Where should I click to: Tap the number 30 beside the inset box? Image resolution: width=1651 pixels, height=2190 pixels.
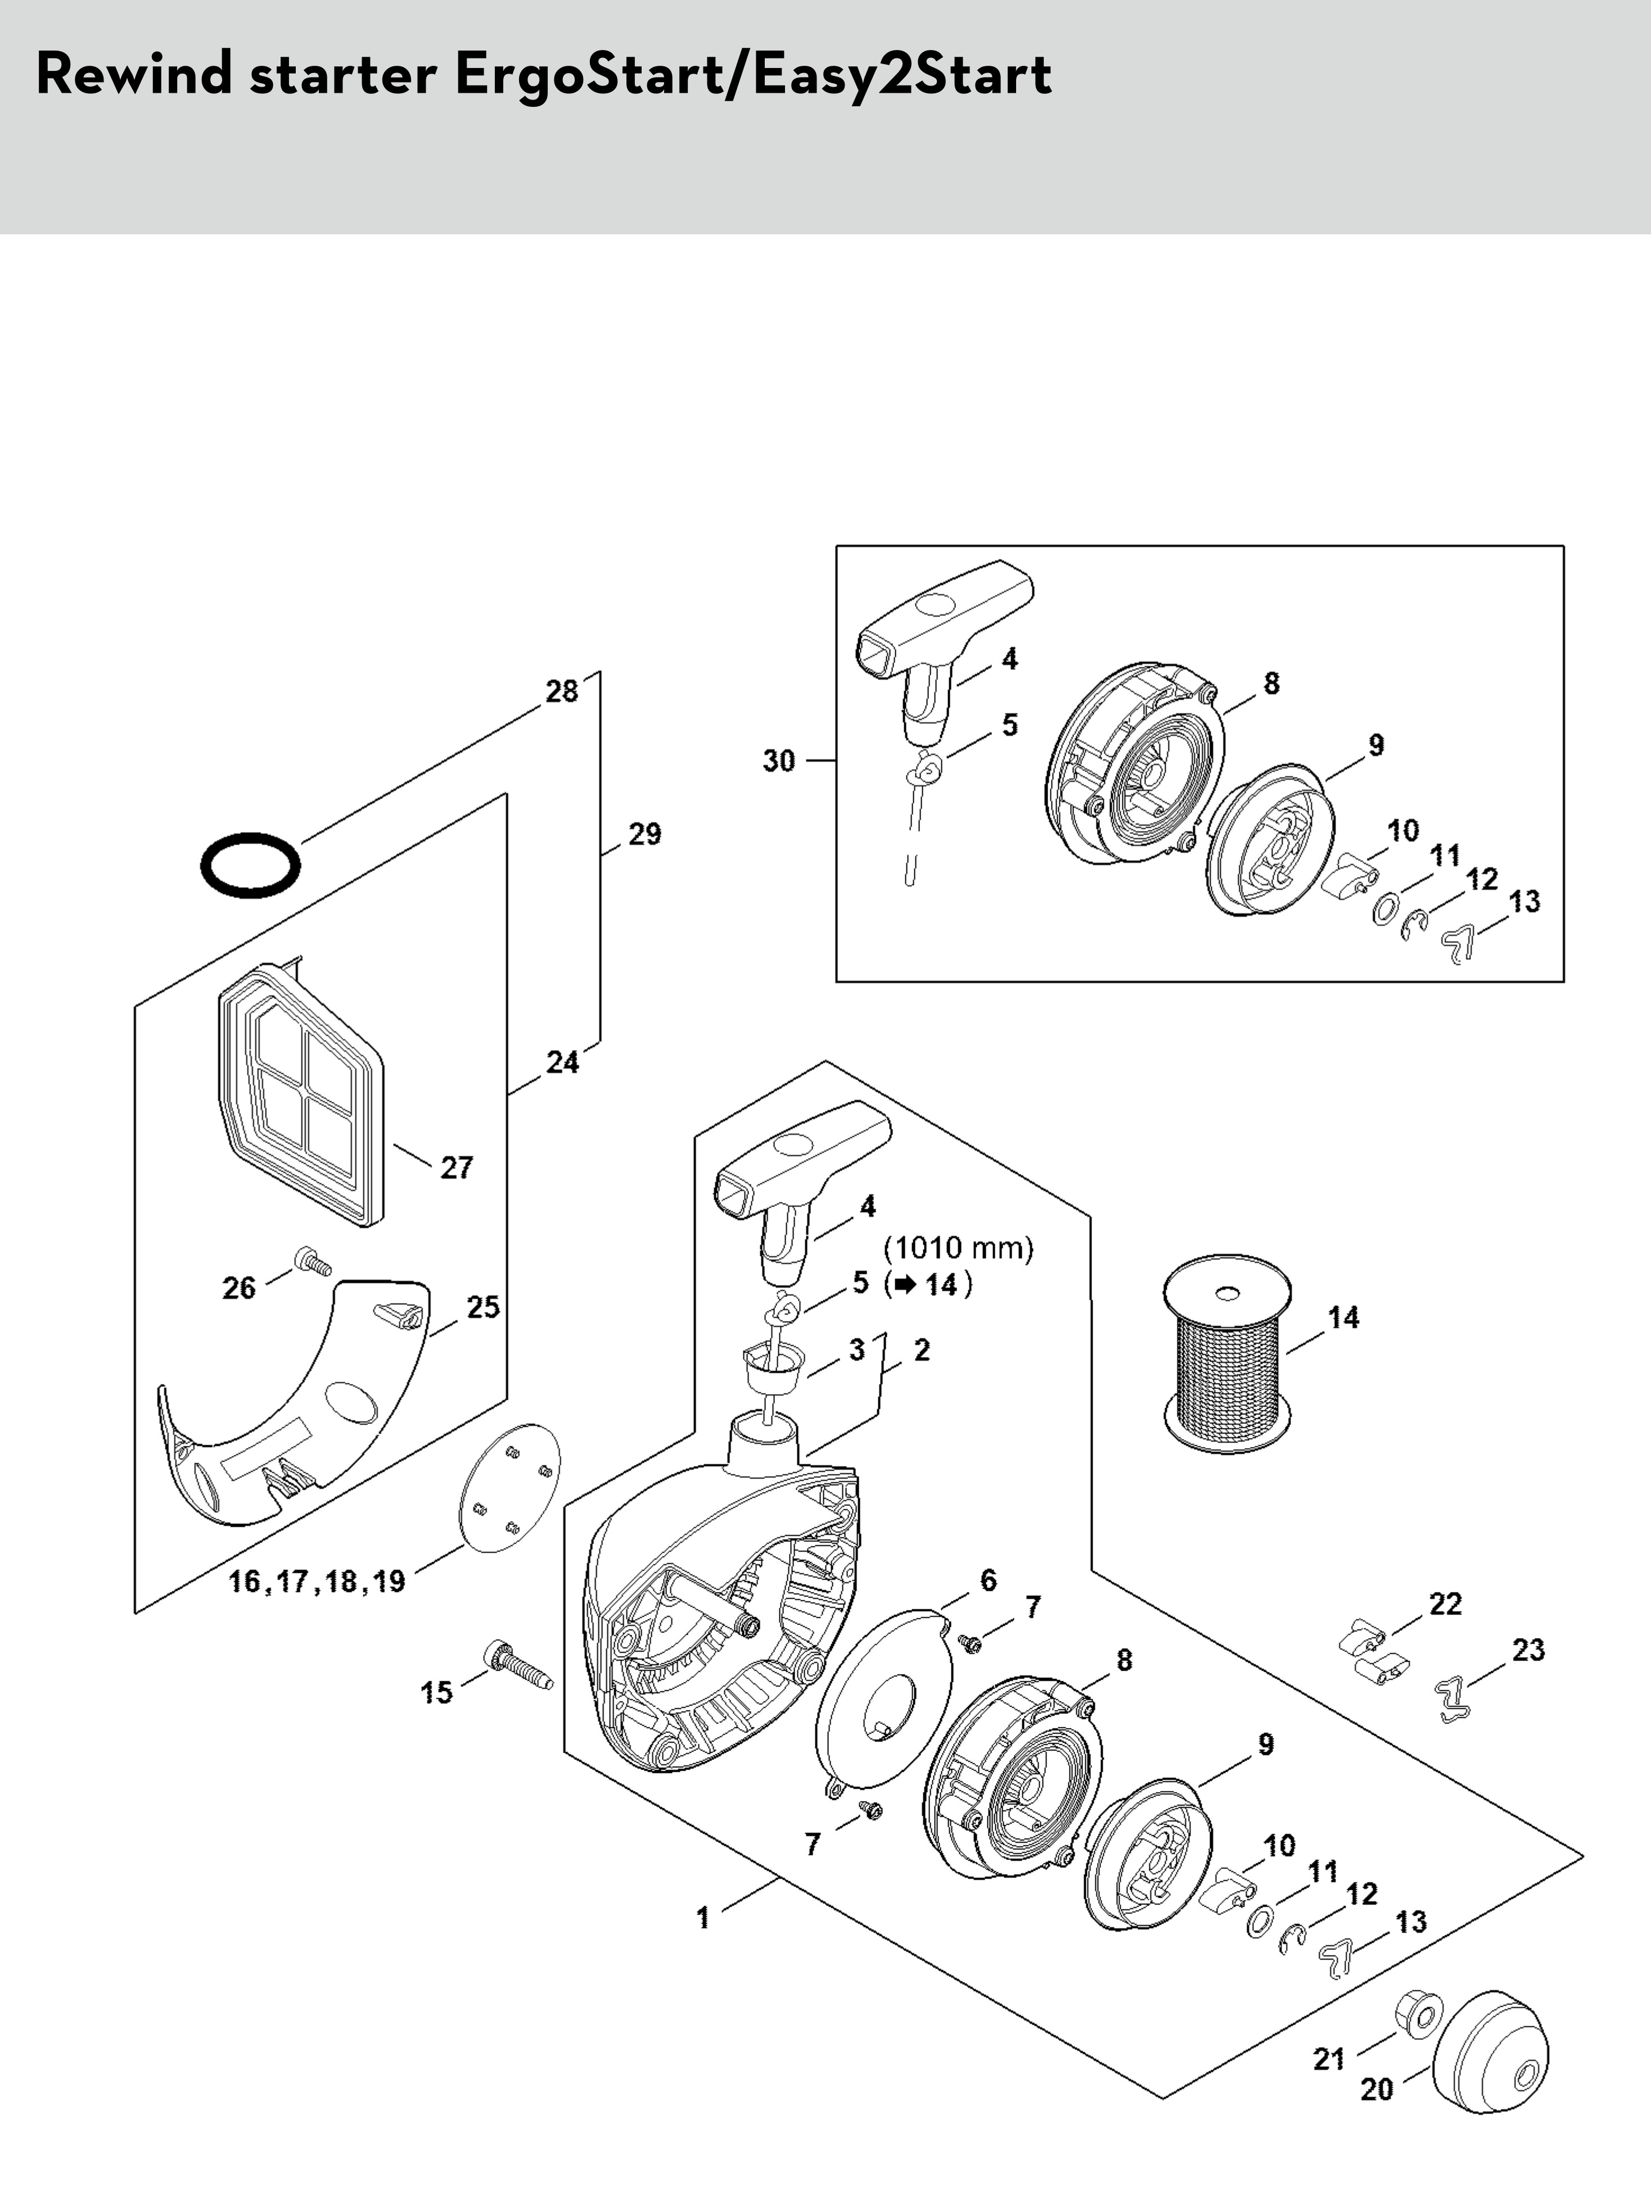pyautogui.click(x=778, y=761)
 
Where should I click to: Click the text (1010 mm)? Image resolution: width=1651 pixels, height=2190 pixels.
pyautogui.click(x=958, y=1247)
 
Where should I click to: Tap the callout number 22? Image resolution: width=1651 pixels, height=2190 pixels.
pyautogui.click(x=1445, y=1604)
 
